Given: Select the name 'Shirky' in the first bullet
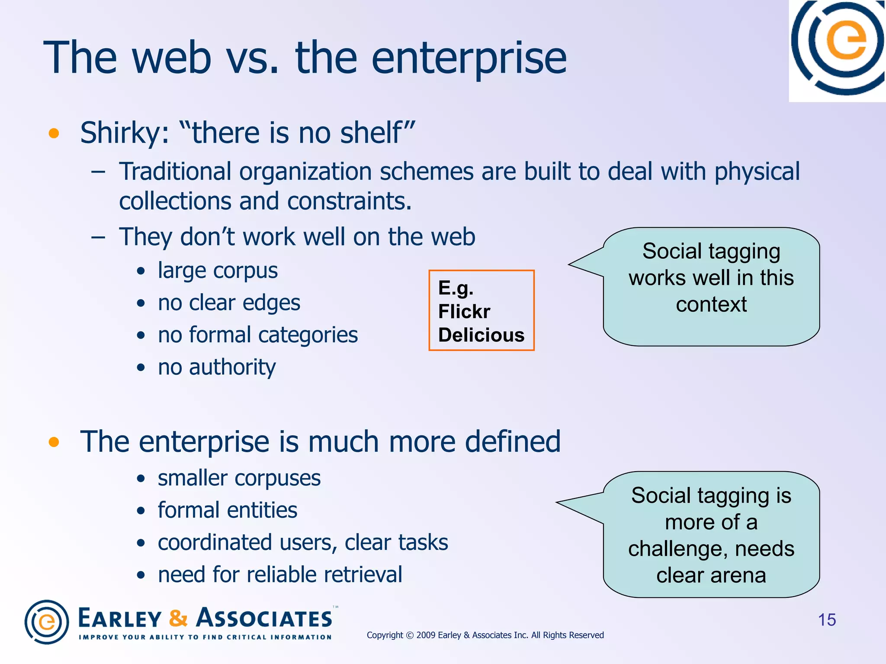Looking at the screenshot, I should tap(120, 133).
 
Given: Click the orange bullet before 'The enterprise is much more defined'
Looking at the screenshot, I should tap(54, 442).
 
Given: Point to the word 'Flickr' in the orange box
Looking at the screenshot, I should tap(464, 311).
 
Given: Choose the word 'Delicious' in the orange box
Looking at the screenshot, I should tap(481, 335).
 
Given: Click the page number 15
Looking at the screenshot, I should tap(827, 620).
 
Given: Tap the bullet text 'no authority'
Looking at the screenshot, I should tap(216, 367).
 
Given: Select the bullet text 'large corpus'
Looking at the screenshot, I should tap(217, 271).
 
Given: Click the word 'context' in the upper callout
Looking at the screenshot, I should tap(711, 304).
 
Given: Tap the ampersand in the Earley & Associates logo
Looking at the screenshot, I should tap(178, 618).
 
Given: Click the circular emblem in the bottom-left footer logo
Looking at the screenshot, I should tap(47, 622).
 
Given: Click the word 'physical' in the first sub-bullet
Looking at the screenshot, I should tap(757, 172).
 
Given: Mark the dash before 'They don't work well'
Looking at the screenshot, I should tap(98, 237).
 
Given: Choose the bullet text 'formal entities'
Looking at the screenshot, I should tap(227, 511).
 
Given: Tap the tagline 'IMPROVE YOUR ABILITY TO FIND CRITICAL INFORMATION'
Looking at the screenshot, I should tap(205, 637).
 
